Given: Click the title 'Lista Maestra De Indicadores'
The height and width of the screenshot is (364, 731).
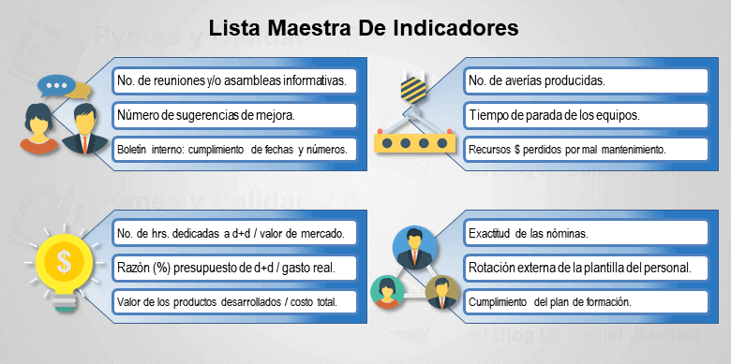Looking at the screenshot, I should (364, 27).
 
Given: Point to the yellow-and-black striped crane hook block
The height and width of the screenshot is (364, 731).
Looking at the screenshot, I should (412, 90).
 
